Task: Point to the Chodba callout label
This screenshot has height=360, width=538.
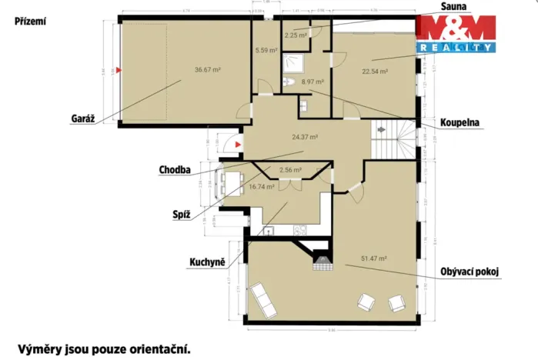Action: [x=175, y=170]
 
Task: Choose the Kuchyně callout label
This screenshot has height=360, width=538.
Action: [x=207, y=262]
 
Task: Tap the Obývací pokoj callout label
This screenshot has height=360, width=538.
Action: [x=470, y=271]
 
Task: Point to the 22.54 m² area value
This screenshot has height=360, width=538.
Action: [x=375, y=72]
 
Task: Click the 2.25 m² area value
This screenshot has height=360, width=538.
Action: [x=296, y=35]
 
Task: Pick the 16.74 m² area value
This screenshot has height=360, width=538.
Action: [x=261, y=186]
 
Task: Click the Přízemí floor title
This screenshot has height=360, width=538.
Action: [x=30, y=22]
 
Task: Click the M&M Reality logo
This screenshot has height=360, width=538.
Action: [x=455, y=35]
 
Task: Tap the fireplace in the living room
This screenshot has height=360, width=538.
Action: [x=319, y=261]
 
